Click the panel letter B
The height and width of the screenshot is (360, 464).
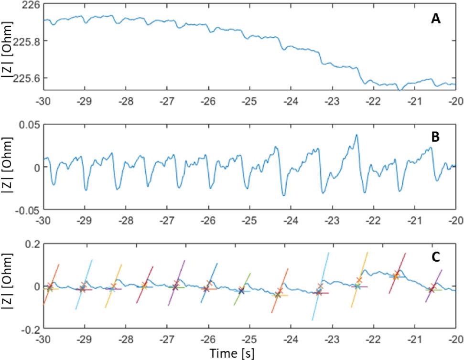pyautogui.click(x=435, y=138)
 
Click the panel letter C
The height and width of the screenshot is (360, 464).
pyautogui.click(x=436, y=257)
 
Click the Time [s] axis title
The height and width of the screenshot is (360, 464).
pyautogui.click(x=234, y=353)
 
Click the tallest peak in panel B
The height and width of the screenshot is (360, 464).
pyautogui.click(x=356, y=135)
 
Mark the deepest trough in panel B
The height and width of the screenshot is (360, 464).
pyautogui.click(x=284, y=195)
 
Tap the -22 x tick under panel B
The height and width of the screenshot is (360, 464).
pyautogui.click(x=372, y=221)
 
